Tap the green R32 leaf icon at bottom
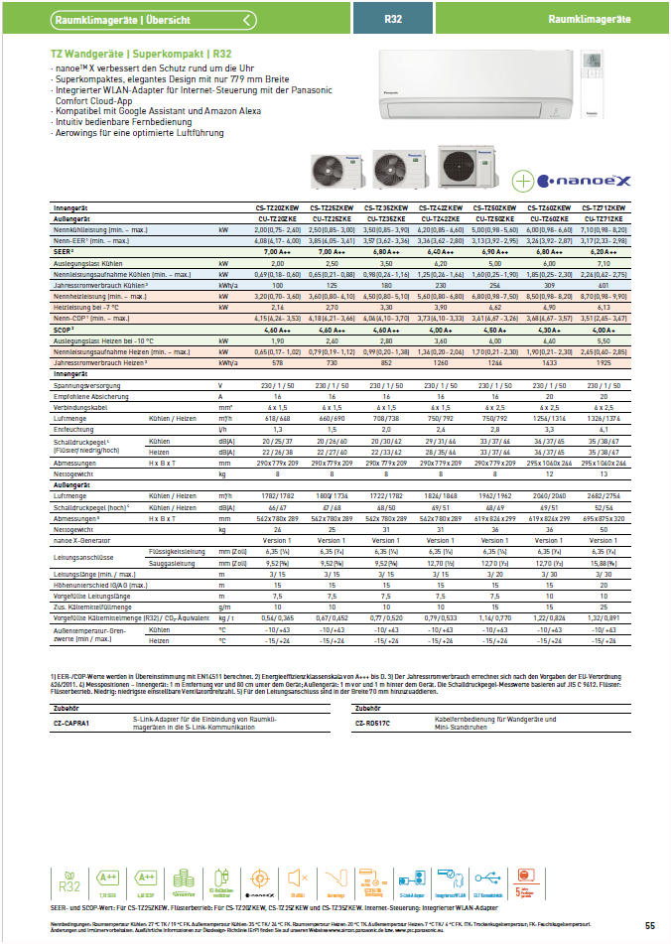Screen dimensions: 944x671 click(x=68, y=880)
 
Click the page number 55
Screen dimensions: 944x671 click(x=650, y=926)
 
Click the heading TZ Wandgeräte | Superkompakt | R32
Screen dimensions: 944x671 click(x=141, y=53)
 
